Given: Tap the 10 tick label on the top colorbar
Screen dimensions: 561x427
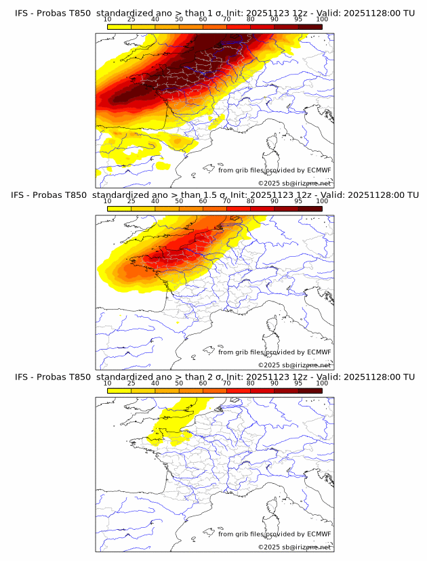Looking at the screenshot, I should pos(108,19).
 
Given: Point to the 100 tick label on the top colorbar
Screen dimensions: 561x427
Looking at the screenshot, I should pos(322,19).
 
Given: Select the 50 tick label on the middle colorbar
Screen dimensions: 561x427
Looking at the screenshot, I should pos(179,201).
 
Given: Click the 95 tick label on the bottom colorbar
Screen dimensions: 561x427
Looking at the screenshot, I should pos(298,383).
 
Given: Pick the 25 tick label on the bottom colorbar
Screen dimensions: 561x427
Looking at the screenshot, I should pos(131,383).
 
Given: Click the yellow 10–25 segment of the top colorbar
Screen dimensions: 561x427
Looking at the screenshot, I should pos(119,26).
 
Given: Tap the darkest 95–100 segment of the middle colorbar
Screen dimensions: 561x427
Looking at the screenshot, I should pos(310,209).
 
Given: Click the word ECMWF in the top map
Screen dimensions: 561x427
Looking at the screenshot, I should pos(319,171).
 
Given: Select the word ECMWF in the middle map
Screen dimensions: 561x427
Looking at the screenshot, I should pos(319,352).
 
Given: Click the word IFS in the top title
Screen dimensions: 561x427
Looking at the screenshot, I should pos(22,13).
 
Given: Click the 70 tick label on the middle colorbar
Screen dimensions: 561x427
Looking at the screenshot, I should pos(226,201).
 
